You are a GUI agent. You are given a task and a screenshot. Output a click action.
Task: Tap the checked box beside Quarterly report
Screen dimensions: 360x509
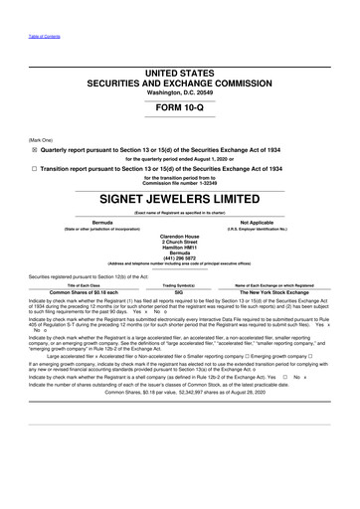pos(34,147)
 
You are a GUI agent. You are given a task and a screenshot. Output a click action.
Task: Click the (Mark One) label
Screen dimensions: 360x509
pos(41,140)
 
